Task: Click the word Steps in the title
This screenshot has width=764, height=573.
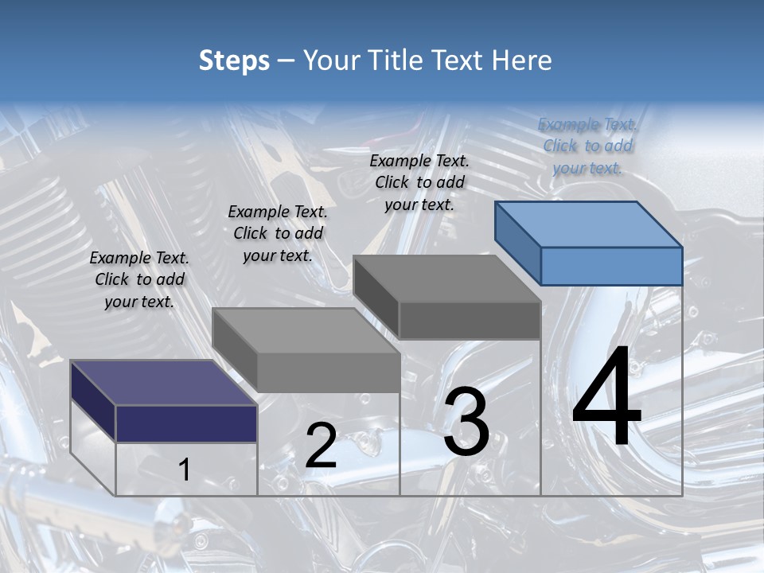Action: tap(234, 60)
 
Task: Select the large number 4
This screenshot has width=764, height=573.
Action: tap(606, 398)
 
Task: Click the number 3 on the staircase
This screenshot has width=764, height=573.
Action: tap(466, 422)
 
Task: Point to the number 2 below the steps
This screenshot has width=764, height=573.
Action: tap(321, 446)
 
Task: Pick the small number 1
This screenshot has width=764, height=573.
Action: tap(184, 470)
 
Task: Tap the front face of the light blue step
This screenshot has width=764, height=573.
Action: tap(611, 266)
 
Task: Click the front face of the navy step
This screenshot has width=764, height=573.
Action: tap(186, 423)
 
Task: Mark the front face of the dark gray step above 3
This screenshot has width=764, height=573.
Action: tap(470, 320)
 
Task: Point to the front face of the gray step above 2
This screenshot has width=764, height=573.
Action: tap(328, 372)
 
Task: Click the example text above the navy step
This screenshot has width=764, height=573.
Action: tap(139, 279)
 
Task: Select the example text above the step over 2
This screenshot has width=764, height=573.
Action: tap(278, 233)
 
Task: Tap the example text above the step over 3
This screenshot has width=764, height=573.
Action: tap(419, 182)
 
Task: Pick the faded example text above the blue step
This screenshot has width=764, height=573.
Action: tap(587, 146)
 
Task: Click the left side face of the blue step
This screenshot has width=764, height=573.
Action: tap(517, 242)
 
